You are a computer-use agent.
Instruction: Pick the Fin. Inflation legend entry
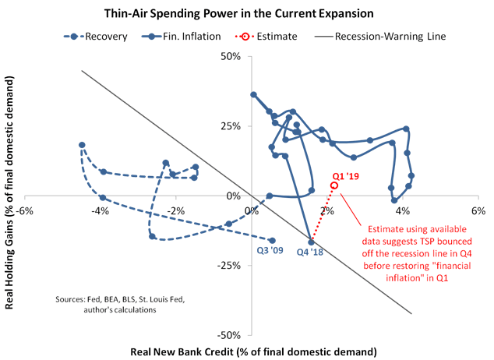[x=177, y=36]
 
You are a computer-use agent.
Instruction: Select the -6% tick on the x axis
[x=26, y=211]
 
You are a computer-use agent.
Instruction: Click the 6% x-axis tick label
[x=478, y=211]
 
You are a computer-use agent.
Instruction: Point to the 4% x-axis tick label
[x=403, y=211]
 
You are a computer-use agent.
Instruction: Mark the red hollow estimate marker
[x=334, y=186]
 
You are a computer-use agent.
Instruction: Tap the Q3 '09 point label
[x=271, y=252]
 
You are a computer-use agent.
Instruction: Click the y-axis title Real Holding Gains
[x=11, y=195]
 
